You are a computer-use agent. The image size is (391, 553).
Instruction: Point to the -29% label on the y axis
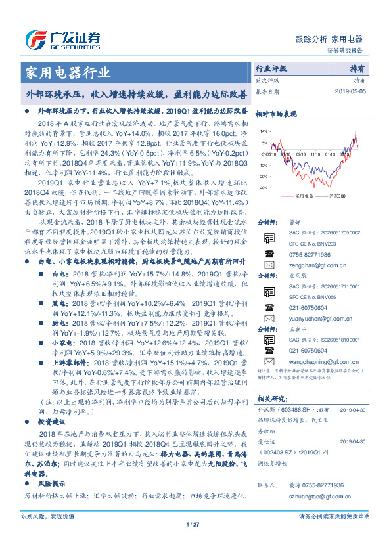click(263, 188)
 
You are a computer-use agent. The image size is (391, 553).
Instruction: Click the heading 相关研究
click(271, 398)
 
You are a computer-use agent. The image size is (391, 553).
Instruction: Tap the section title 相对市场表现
click(275, 113)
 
